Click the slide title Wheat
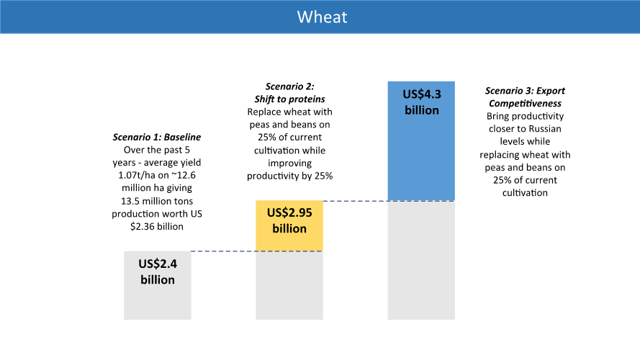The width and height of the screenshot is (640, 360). click(322, 17)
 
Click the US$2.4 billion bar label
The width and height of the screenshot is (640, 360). click(158, 271)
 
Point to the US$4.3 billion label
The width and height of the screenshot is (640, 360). click(421, 102)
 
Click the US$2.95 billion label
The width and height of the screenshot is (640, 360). click(289, 220)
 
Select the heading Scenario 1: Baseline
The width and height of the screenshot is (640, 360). click(157, 137)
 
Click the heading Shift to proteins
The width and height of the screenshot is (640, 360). click(289, 99)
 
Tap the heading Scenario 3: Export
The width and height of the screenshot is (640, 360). click(525, 91)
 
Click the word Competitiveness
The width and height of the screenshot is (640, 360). click(525, 103)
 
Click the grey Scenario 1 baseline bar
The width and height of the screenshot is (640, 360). click(158, 302)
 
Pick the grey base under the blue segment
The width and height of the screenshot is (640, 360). click(421, 259)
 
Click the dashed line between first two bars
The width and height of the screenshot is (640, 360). click(223, 251)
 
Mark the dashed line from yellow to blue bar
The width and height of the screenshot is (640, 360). click(355, 201)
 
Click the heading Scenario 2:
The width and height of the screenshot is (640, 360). click(289, 87)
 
